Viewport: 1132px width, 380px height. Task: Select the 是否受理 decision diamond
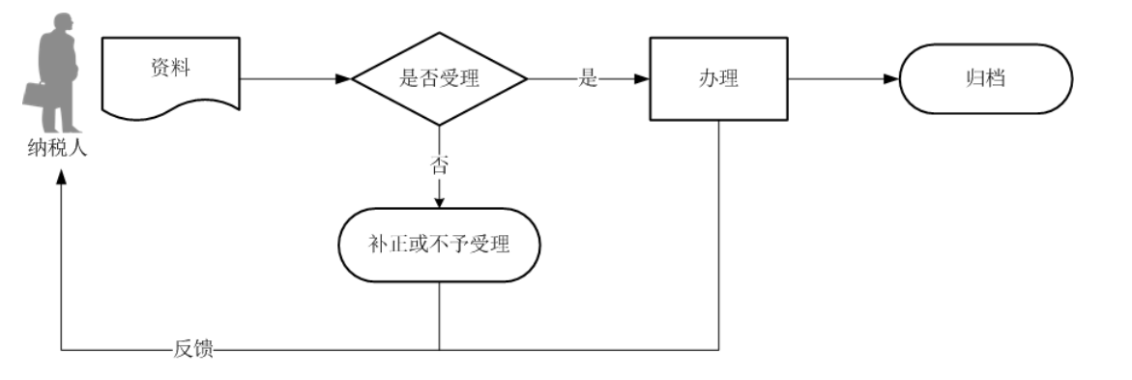[439, 79]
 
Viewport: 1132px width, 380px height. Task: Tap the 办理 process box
[718, 79]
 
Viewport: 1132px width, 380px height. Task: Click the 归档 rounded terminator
[985, 79]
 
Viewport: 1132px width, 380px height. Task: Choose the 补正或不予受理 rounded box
[439, 245]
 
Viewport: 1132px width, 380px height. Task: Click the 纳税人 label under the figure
[57, 150]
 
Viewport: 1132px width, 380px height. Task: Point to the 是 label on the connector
[588, 79]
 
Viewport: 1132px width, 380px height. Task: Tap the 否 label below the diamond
[439, 164]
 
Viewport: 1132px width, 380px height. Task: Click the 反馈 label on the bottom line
[193, 349]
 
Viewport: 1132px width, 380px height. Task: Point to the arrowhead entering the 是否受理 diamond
[342, 79]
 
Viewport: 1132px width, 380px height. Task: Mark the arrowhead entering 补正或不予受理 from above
[439, 201]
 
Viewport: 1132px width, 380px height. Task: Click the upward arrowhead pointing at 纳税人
[62, 179]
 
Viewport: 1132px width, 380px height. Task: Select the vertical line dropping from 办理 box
[719, 232]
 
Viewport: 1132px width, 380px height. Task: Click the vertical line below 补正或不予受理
[439, 314]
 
